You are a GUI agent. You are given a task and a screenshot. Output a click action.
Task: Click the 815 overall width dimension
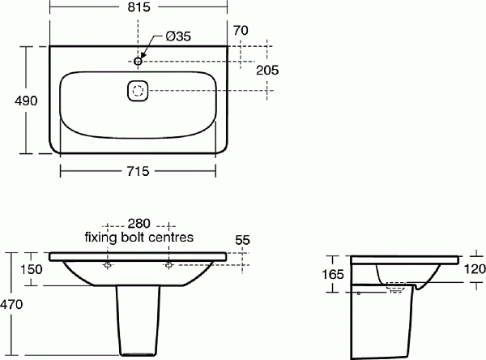[x=139, y=6]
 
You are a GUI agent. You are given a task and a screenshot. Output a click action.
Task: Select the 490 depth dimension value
[x=26, y=101]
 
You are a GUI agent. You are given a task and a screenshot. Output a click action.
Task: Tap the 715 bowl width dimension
[x=138, y=171]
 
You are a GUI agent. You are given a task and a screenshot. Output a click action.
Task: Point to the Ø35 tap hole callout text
[x=178, y=36]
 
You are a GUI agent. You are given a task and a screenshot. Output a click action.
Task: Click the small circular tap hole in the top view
[x=138, y=61]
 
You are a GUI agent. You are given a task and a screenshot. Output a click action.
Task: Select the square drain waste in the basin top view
[x=138, y=91]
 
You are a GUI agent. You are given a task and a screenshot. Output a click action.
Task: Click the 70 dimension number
[x=241, y=31]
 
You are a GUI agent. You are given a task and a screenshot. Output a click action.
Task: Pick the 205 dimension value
[x=267, y=71]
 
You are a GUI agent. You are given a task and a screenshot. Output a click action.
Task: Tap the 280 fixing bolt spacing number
[x=139, y=224]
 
